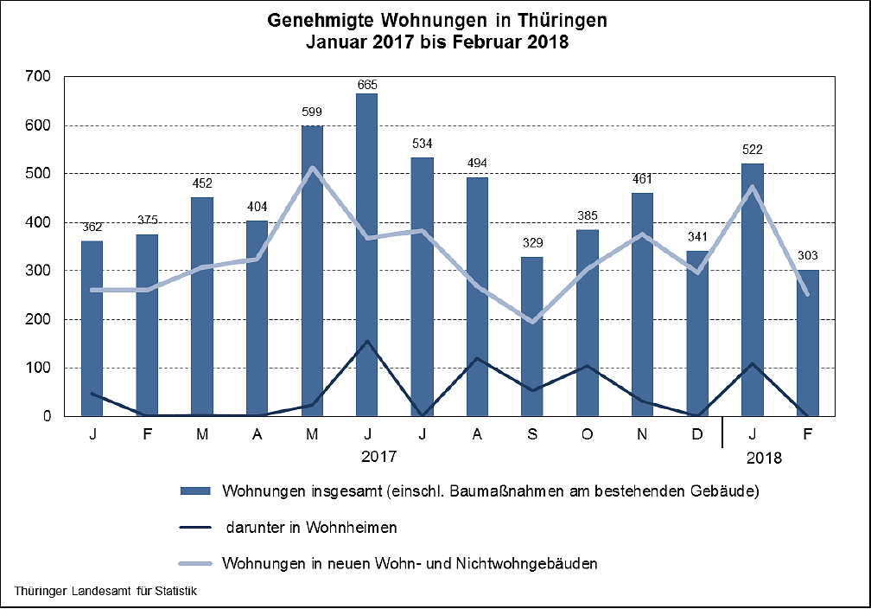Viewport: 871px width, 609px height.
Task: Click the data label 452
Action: tap(202, 183)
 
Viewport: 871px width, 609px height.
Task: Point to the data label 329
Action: tap(532, 242)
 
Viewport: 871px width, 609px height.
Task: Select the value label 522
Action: tap(752, 150)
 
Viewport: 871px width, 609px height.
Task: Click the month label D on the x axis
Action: tap(697, 433)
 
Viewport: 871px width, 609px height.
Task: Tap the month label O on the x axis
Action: tap(588, 433)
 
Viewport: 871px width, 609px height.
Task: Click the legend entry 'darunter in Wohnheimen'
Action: tap(312, 527)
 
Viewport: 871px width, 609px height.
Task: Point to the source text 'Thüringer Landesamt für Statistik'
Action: tap(106, 593)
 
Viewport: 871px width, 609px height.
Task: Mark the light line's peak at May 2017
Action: tap(312, 168)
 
